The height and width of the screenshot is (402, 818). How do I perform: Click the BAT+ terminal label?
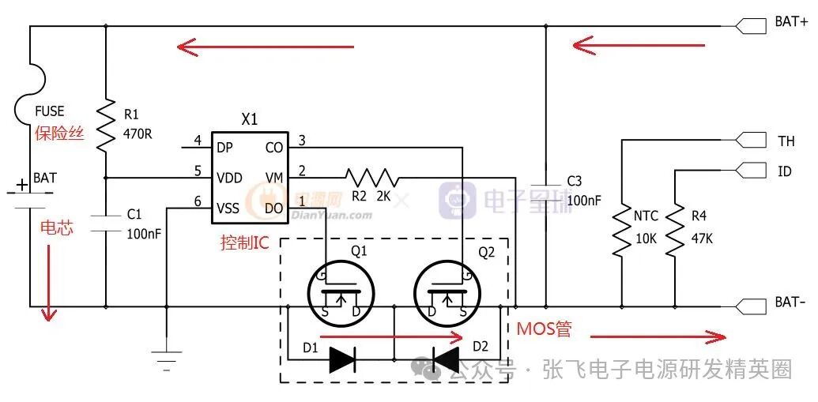tap(790, 23)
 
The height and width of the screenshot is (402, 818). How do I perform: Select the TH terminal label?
tap(786, 141)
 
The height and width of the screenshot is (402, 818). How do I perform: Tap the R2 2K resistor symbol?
tap(371, 178)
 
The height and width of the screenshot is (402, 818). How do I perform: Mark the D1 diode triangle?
tap(342, 359)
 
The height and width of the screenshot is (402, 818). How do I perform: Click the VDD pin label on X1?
tap(229, 178)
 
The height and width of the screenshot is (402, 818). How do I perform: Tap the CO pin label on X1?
tap(274, 147)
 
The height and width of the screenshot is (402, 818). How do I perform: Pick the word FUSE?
tap(50, 111)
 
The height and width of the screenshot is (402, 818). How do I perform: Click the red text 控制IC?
tap(245, 242)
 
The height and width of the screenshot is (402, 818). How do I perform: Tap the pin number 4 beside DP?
tap(198, 142)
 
